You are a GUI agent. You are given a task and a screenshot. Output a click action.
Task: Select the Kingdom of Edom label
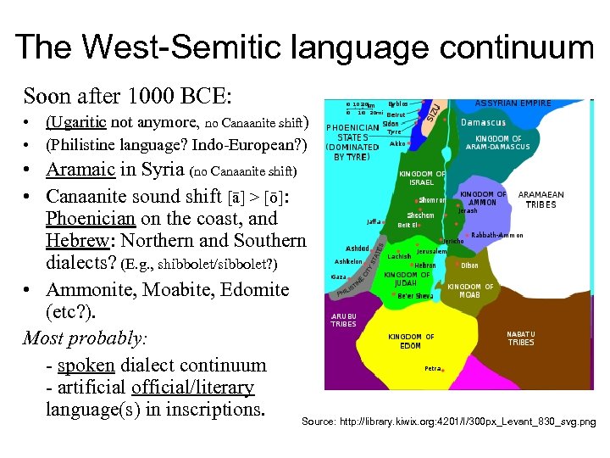pos(411,341)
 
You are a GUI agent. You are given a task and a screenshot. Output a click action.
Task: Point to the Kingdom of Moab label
pos(470,291)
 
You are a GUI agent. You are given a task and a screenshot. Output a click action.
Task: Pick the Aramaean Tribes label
pos(541,199)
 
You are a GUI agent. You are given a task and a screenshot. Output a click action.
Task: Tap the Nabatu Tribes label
pos(521,338)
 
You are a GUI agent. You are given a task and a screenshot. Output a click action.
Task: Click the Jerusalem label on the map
pos(431,252)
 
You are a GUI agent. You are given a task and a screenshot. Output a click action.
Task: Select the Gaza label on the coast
pos(338,277)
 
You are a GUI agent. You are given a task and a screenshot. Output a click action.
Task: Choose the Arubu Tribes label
pos(343,320)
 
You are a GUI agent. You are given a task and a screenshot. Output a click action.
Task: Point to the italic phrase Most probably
pos(85,338)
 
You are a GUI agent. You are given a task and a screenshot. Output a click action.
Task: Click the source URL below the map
pos(448,422)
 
